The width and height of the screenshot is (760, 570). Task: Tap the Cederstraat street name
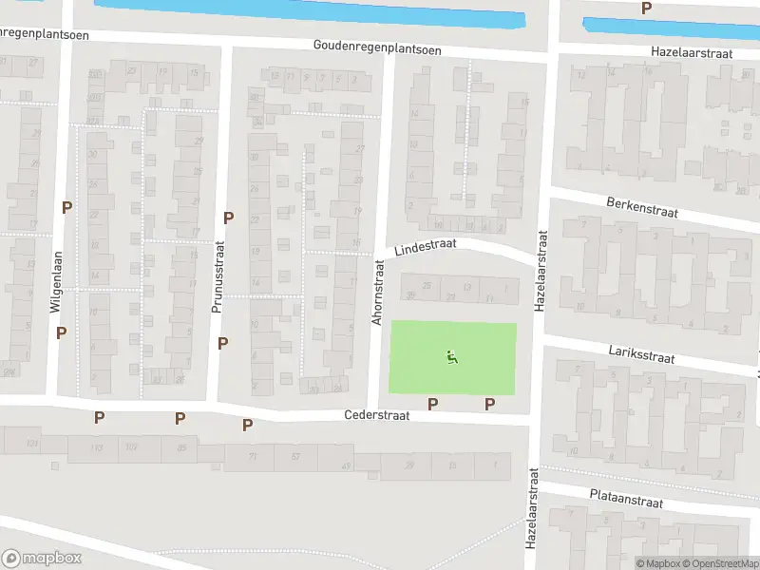(x=375, y=416)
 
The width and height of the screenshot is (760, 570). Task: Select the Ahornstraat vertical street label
(x=377, y=294)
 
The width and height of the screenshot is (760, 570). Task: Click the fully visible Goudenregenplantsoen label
(x=377, y=47)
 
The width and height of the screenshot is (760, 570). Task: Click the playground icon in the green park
(x=452, y=357)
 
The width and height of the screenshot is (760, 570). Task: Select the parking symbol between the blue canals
(x=646, y=8)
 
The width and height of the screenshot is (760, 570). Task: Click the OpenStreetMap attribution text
(x=718, y=564)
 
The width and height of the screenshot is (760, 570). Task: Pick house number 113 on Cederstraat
(x=96, y=448)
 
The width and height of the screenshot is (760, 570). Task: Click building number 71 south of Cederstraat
(x=254, y=457)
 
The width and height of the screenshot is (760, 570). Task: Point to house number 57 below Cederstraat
(x=295, y=457)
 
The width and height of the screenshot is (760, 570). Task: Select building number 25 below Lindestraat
(x=426, y=286)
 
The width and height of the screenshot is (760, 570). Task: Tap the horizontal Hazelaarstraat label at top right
(x=691, y=53)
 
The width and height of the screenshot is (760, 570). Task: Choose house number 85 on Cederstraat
(x=181, y=448)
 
